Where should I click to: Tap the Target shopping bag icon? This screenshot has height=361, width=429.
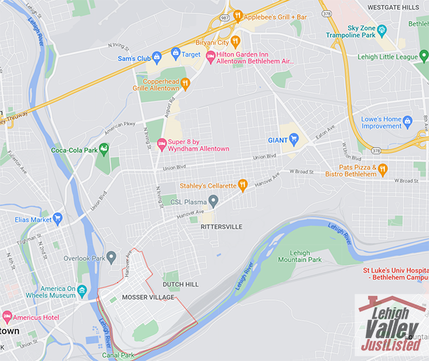(176, 53)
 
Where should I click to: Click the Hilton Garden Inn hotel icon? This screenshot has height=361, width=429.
(210, 56)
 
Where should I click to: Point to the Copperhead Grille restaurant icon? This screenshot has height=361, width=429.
(186, 83)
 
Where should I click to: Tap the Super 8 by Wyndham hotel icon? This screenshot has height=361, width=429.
(162, 144)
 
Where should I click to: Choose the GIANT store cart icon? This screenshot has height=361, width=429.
(294, 139)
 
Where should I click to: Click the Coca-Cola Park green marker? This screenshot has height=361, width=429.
(103, 149)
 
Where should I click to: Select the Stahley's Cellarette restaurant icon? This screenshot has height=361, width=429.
(243, 185)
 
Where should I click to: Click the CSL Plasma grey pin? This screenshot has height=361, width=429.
(213, 200)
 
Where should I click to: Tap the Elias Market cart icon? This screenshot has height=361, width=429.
(58, 218)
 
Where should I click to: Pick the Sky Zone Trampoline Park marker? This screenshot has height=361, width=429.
(382, 30)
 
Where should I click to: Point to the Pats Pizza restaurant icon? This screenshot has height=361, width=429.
(382, 169)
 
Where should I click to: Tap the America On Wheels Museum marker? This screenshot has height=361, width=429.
(82, 291)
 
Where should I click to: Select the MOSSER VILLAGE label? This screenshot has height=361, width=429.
(148, 297)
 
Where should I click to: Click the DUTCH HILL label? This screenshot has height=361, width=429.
(182, 285)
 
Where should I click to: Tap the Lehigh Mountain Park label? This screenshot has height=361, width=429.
(300, 256)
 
